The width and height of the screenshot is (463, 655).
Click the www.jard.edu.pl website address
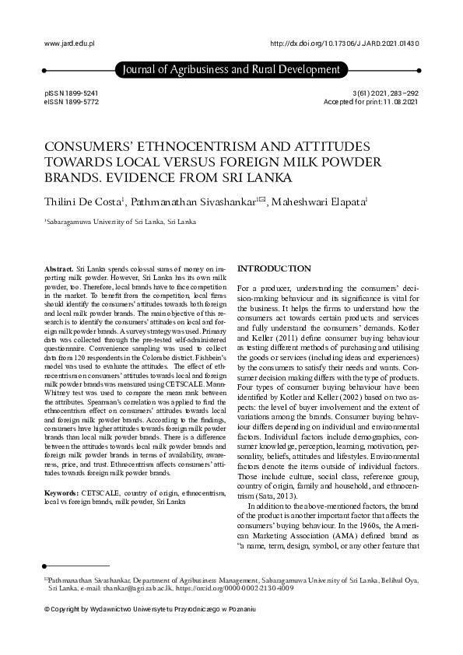[66, 44]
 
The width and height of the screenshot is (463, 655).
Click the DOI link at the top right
[343, 44]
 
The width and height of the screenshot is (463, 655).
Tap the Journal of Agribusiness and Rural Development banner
[231, 71]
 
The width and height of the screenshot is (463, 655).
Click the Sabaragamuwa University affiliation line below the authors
[121, 222]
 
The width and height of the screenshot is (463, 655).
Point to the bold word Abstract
[60, 267]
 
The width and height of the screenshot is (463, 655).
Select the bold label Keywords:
[61, 493]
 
